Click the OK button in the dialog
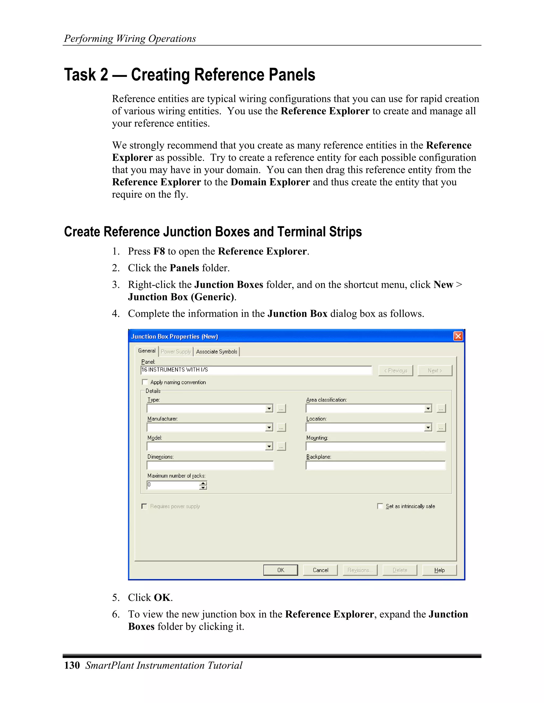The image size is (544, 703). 280,570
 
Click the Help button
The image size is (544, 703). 439,570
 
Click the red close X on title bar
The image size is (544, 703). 458,336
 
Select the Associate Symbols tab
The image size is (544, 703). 216,351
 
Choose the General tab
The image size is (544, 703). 147,351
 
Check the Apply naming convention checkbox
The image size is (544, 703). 145,382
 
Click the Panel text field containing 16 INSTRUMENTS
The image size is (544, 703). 256,370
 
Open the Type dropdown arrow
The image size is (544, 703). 269,409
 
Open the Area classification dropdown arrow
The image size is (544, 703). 428,409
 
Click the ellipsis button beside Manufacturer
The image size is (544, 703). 281,427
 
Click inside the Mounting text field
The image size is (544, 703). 375,446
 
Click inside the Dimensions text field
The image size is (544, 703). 210,466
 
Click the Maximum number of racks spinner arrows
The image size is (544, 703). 203,485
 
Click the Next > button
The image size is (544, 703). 435,371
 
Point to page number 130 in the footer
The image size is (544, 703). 72,665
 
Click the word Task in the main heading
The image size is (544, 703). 80,75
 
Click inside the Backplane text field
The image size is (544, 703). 375,466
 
